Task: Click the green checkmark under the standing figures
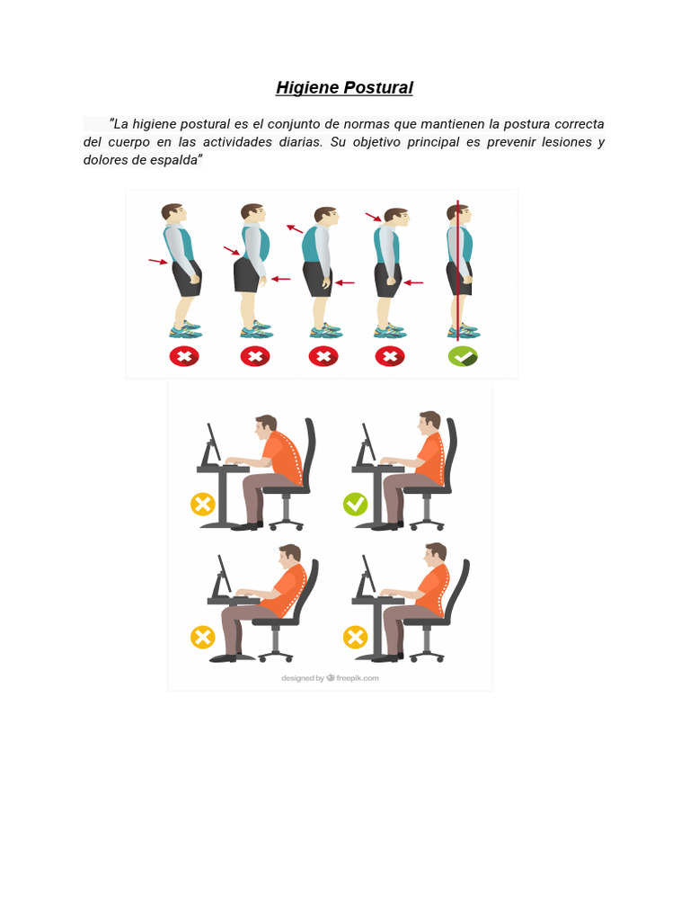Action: coord(463,356)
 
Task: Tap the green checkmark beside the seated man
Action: coord(356,504)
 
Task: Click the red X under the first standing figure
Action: coord(184,356)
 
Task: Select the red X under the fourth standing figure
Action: coord(389,356)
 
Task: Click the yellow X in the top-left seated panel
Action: coord(203,504)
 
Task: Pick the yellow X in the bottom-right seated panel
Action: coord(356,638)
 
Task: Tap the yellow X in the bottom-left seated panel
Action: coord(203,638)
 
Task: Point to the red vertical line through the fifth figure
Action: coord(458,270)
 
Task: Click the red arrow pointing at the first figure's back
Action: coord(158,262)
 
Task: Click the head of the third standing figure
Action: coord(324,217)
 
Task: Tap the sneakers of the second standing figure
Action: coord(255,330)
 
